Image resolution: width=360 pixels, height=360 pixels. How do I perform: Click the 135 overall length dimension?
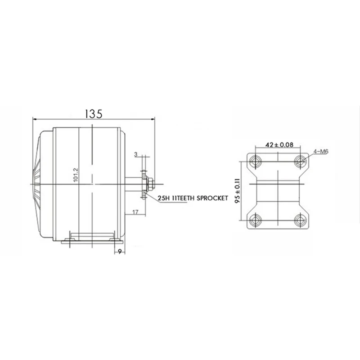[94, 114]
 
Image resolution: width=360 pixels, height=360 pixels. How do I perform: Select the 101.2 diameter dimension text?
[76, 175]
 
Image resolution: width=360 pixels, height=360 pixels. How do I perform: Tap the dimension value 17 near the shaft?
[135, 212]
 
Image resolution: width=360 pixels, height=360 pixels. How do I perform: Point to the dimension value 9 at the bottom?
[120, 252]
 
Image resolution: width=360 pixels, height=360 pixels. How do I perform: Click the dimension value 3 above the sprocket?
[136, 154]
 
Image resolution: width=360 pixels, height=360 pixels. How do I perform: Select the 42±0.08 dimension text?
[279, 145]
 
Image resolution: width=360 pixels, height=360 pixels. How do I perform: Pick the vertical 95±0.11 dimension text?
[238, 190]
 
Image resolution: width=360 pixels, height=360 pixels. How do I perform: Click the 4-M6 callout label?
[321, 152]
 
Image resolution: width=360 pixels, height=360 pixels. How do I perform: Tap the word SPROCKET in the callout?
[212, 198]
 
